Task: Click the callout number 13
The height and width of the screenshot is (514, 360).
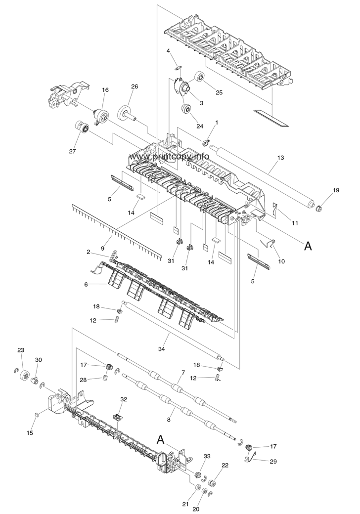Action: [280, 158]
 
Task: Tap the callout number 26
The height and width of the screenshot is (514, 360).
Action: [135, 87]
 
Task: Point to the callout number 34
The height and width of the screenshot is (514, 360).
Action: [161, 349]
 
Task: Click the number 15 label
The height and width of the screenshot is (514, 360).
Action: [30, 433]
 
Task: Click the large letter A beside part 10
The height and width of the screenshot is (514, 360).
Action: [308, 246]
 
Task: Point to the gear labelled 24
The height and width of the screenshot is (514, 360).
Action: [186, 109]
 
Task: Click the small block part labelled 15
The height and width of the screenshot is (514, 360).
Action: [36, 414]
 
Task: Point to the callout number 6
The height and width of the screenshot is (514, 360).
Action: [86, 285]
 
